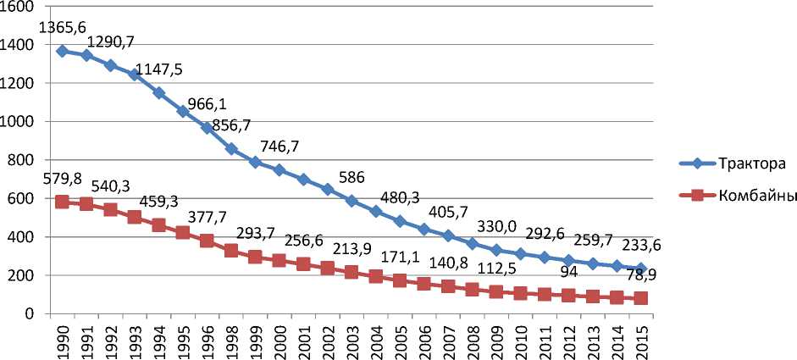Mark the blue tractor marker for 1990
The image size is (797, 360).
click(x=62, y=51)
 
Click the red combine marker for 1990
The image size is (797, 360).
click(x=62, y=202)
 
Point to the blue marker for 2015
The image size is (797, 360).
click(x=642, y=269)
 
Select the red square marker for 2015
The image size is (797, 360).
click(x=642, y=298)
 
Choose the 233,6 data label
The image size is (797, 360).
click(x=640, y=246)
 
